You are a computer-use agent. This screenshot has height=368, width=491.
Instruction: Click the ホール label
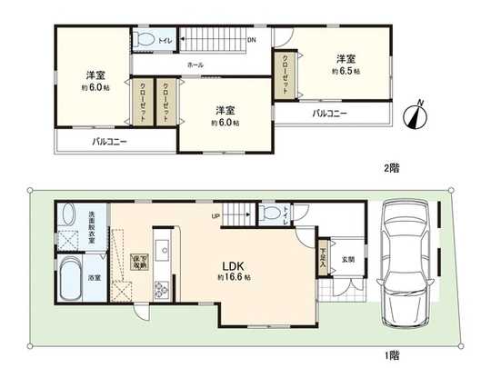click(195, 65)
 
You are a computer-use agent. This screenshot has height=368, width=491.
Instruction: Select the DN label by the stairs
click(251, 40)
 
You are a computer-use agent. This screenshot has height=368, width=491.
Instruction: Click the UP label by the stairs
click(215, 215)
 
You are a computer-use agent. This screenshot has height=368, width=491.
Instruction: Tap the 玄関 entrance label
click(347, 259)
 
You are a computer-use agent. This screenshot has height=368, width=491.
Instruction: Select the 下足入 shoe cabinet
click(325, 259)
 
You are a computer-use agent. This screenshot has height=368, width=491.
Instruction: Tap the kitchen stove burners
click(162, 291)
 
